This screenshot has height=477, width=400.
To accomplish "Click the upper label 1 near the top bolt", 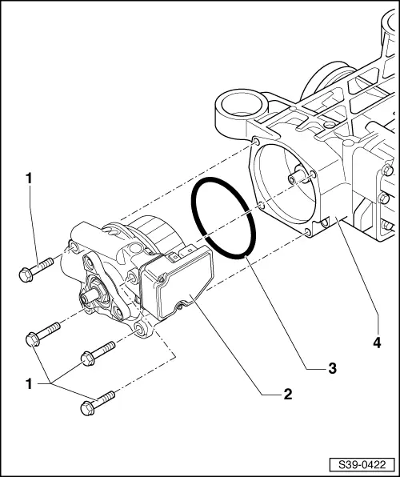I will tap(30, 179).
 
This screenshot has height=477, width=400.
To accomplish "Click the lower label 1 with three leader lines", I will tap(30, 383).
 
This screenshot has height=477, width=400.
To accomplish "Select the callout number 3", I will tap(330, 368).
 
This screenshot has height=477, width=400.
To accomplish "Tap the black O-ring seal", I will tap(223, 218).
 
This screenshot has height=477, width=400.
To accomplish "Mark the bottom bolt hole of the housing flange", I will tap(307, 234).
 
